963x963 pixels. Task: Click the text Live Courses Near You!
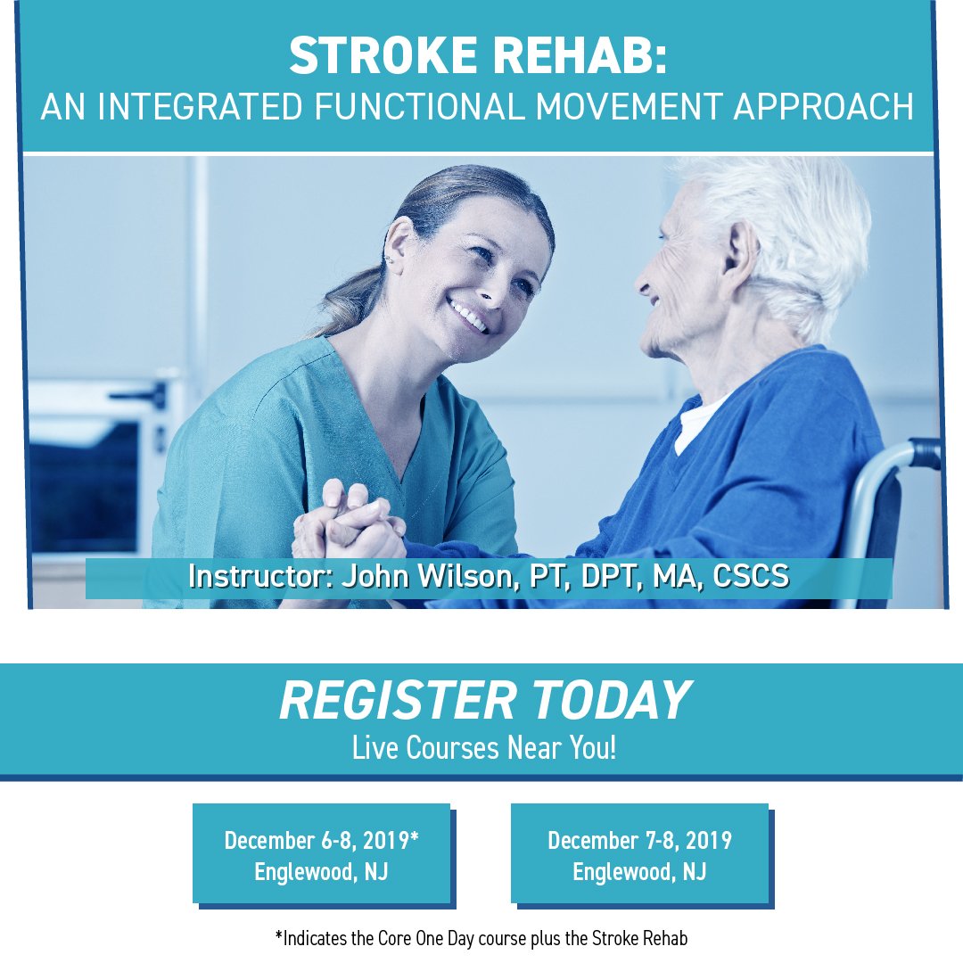click(x=482, y=748)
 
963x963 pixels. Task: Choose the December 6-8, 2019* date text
click(x=322, y=841)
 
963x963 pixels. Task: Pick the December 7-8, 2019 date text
click(x=639, y=841)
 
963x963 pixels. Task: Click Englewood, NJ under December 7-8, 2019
click(x=639, y=871)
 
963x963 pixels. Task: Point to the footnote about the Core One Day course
click(x=482, y=938)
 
